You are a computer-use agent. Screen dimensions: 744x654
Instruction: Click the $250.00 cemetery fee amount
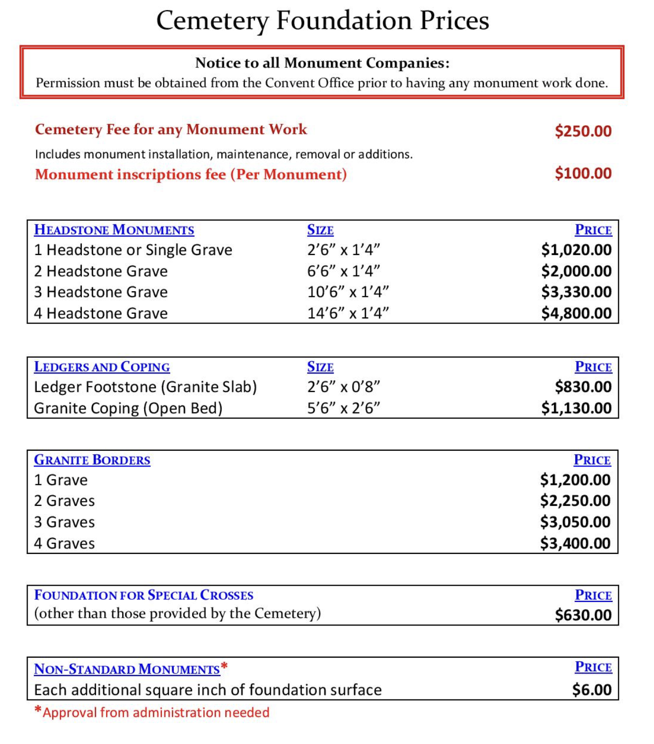(x=583, y=131)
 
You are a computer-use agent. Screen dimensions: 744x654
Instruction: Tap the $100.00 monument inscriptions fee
(x=583, y=174)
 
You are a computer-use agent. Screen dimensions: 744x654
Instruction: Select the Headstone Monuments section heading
(x=114, y=230)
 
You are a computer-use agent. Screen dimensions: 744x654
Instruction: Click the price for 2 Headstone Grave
(x=576, y=271)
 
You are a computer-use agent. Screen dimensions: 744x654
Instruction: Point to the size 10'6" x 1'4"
(x=348, y=292)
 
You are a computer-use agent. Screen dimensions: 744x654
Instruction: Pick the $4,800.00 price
(x=576, y=313)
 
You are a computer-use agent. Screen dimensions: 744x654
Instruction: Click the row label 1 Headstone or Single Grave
(x=133, y=250)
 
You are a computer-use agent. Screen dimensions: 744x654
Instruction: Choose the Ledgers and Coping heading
(x=102, y=367)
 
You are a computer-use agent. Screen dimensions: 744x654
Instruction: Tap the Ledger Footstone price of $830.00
(x=583, y=387)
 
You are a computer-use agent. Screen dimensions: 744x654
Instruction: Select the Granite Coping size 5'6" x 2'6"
(x=343, y=408)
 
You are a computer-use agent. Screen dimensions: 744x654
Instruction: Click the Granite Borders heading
(x=92, y=460)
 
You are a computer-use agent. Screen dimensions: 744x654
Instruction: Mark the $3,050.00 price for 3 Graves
(x=575, y=522)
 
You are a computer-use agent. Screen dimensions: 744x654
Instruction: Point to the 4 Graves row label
(x=64, y=543)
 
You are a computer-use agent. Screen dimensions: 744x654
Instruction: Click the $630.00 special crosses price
(x=583, y=615)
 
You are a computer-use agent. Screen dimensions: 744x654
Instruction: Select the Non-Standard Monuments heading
(x=127, y=669)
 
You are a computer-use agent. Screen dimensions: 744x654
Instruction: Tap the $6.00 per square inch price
(x=592, y=690)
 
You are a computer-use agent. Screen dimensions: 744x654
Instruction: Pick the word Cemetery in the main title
(x=212, y=21)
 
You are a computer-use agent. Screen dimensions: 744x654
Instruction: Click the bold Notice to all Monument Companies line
(x=322, y=63)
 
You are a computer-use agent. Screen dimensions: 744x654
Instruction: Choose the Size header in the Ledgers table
(x=320, y=367)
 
